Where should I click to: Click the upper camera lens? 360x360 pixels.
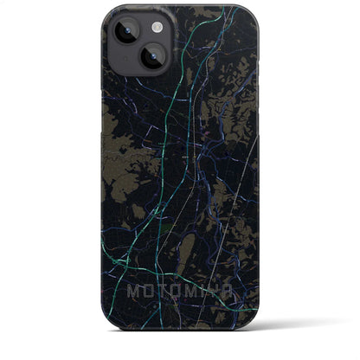pyautogui.click(x=122, y=31)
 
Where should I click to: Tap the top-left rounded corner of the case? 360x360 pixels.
pyautogui.click(x=109, y=12)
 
